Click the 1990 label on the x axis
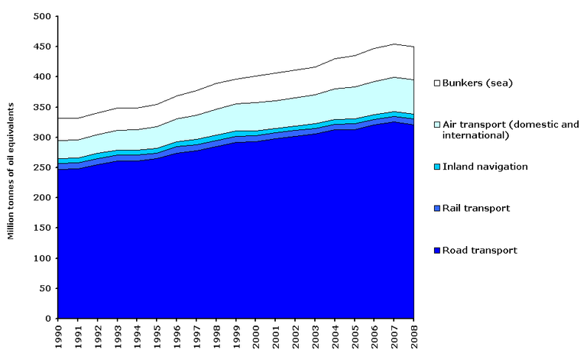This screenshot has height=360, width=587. [x=58, y=336]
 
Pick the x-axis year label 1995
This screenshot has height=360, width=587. [x=157, y=336]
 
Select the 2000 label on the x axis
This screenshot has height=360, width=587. [x=256, y=336]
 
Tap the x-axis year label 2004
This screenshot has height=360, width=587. [x=335, y=336]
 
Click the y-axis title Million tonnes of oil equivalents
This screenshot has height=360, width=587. [x=11, y=167]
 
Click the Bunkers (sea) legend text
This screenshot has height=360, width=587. [x=481, y=83]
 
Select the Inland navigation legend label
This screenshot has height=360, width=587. [x=488, y=167]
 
